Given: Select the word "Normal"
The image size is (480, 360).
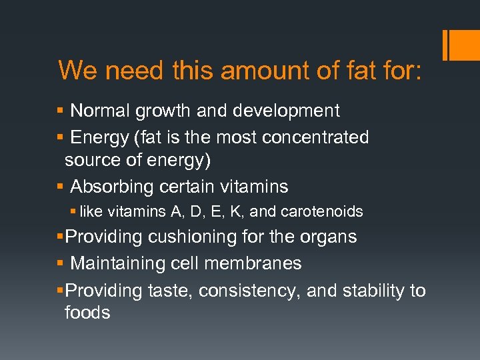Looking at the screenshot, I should pyautogui.click(x=102, y=111).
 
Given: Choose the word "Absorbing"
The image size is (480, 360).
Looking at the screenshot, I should pyautogui.click(x=112, y=187).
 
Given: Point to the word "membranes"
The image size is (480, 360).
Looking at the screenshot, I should pyautogui.click(x=260, y=264).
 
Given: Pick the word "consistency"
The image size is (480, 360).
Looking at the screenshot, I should pyautogui.click(x=249, y=291).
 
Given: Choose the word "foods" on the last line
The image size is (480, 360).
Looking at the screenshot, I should pyautogui.click(x=87, y=313).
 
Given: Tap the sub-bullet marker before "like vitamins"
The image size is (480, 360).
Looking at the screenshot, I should pyautogui.click(x=73, y=213).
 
